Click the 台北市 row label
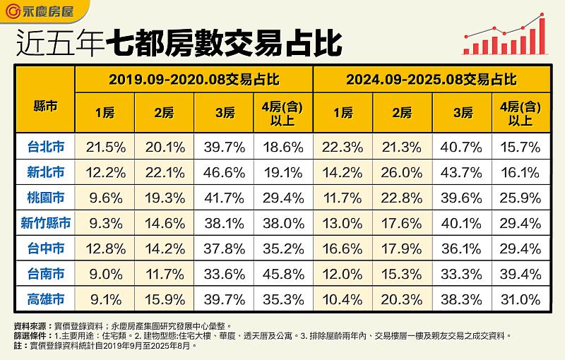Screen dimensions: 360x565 coord(46,147)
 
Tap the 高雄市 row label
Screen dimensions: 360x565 coord(46,299)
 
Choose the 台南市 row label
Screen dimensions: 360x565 coord(46,273)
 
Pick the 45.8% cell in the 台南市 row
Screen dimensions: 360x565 coord(282,273)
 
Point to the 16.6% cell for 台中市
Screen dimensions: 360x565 coord(343,248)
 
